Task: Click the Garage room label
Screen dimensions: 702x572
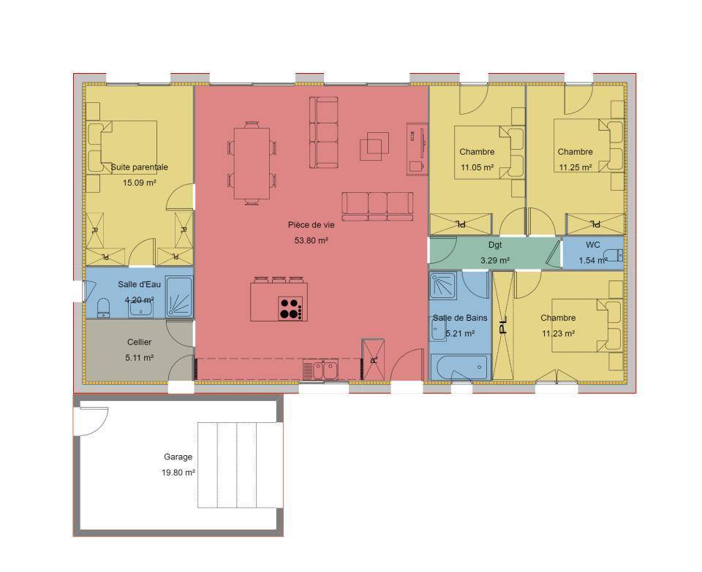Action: [x=178, y=457]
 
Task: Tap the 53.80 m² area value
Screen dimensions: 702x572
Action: [x=312, y=240]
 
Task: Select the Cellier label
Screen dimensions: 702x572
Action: [x=139, y=342]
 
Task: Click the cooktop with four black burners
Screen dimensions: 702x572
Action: [x=290, y=308]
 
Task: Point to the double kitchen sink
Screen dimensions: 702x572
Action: [x=325, y=370]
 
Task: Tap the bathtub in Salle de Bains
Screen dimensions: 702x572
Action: [x=458, y=367]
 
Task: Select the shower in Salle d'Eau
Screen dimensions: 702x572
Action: [x=179, y=297]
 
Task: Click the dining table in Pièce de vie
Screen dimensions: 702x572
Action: [x=252, y=163]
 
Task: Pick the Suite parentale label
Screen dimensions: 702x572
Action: [x=139, y=167]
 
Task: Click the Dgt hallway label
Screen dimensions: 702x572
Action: [x=495, y=245]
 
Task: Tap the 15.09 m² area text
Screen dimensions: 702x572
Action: [x=139, y=183]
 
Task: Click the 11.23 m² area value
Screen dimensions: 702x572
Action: [x=558, y=333]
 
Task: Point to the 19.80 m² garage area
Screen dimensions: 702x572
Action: [x=178, y=472]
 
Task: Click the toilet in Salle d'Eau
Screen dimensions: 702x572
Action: [x=103, y=308]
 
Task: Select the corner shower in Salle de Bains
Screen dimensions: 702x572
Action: [x=442, y=285]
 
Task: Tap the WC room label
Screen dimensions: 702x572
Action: [x=593, y=245]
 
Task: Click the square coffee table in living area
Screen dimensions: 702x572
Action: [x=374, y=146]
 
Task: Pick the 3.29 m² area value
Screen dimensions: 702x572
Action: [x=495, y=260]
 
